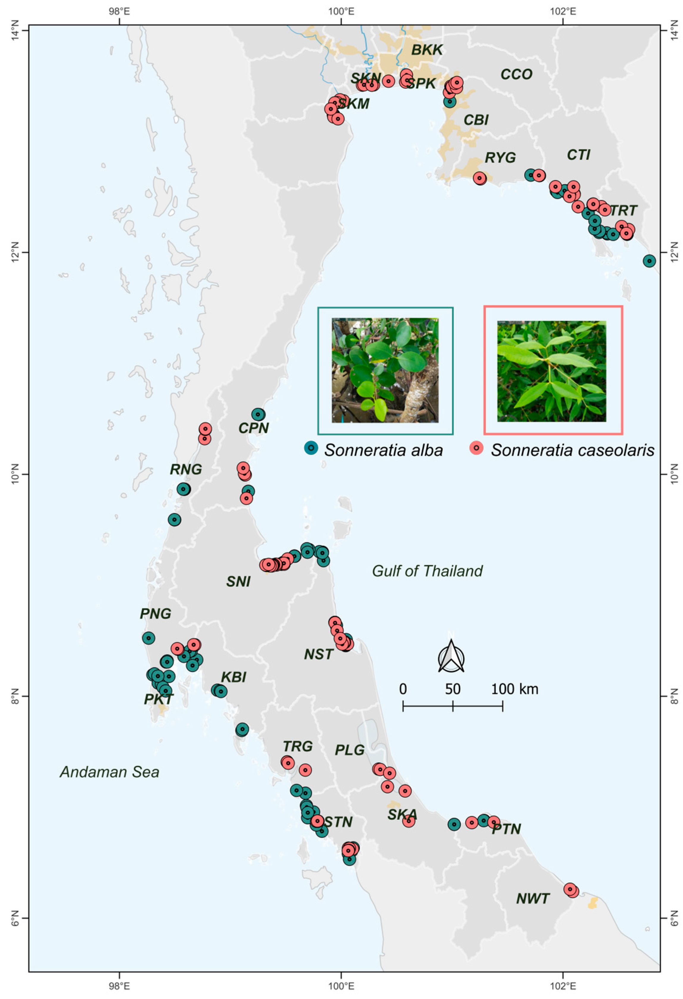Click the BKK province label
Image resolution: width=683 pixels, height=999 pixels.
point(427,50)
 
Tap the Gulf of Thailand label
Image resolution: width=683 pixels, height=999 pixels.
point(427,571)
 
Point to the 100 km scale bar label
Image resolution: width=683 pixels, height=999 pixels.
point(514,689)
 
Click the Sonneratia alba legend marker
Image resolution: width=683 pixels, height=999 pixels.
point(310,448)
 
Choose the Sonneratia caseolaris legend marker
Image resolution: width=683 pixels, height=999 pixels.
point(476,448)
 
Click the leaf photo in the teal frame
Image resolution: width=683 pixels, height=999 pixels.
point(385,370)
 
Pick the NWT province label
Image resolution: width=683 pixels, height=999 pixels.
point(533,899)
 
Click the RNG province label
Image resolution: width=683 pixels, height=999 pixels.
point(186,469)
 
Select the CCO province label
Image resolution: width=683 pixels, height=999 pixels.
point(516,74)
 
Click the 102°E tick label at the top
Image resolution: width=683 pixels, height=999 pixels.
point(563,10)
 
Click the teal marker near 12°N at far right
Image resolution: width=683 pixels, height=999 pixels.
point(649,261)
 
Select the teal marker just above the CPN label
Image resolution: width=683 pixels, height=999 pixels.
point(258,414)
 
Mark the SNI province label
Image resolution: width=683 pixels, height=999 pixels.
point(238,582)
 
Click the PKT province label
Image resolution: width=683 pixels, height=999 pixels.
point(159,699)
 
